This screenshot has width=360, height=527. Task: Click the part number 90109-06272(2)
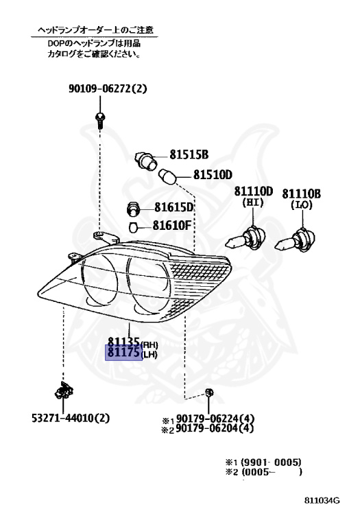[x=108, y=89]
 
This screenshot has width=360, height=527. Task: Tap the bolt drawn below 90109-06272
[x=99, y=120]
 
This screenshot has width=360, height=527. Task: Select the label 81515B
[x=189, y=154]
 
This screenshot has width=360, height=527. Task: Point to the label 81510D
[x=213, y=175]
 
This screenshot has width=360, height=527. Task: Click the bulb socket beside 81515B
[x=146, y=161]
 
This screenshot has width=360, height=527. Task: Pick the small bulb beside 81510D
[x=167, y=177]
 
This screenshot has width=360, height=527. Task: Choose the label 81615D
[x=174, y=207]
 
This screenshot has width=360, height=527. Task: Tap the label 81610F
[x=171, y=225]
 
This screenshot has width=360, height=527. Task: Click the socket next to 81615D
[x=133, y=209]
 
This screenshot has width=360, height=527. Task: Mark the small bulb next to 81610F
[x=134, y=228]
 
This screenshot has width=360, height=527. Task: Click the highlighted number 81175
[x=123, y=353]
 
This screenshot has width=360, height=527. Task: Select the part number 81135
[x=123, y=342]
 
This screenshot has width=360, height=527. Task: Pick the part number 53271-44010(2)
[x=71, y=418]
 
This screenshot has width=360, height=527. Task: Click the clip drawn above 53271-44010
[x=64, y=391]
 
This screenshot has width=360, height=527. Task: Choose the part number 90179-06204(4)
[x=215, y=428]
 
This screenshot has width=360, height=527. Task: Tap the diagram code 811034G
[x=322, y=500]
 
